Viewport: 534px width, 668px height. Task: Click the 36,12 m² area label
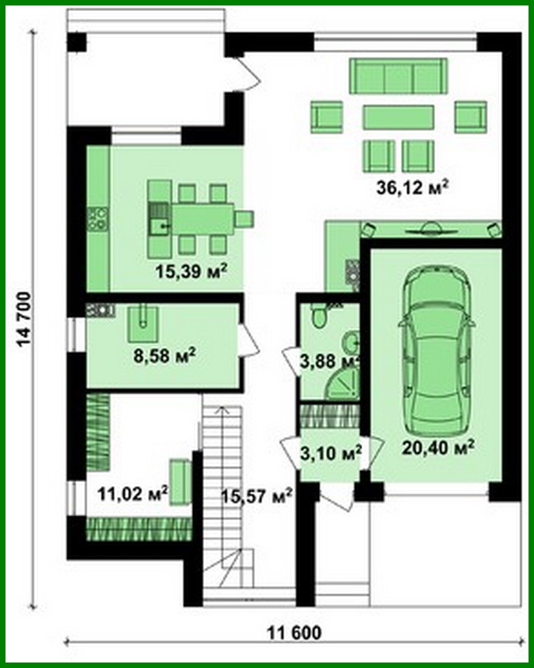(x=412, y=187)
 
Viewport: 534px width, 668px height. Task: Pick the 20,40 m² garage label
(x=438, y=448)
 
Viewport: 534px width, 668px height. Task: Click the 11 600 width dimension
(x=294, y=633)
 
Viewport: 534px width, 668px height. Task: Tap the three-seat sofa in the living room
(x=398, y=76)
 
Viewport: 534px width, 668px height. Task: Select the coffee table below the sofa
(x=398, y=117)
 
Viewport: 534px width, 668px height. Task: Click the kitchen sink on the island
(x=161, y=226)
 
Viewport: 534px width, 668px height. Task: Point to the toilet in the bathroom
(x=317, y=315)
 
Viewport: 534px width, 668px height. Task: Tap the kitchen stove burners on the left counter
(x=97, y=218)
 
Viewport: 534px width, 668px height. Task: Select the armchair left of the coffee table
(x=326, y=117)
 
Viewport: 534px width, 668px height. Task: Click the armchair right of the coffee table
(x=470, y=117)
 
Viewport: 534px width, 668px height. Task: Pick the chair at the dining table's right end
(x=244, y=218)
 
